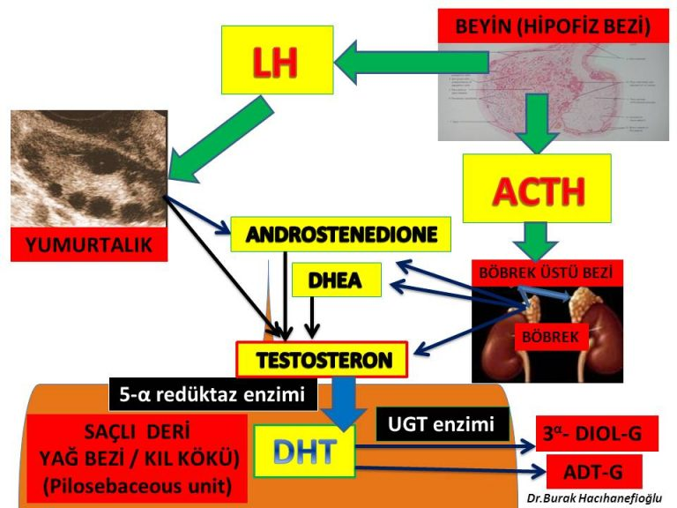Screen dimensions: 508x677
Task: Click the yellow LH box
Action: tap(277, 60)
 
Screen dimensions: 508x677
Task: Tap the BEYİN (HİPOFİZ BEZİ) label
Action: tap(553, 26)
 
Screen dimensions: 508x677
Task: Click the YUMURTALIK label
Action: tap(88, 245)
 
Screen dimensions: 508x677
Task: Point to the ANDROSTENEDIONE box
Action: tap(341, 235)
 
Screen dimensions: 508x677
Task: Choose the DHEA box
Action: tap(337, 281)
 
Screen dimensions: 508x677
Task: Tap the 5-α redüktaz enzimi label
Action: tap(212, 395)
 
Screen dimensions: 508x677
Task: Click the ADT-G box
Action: tap(593, 471)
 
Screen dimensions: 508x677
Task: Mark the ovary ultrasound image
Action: tap(88, 168)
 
